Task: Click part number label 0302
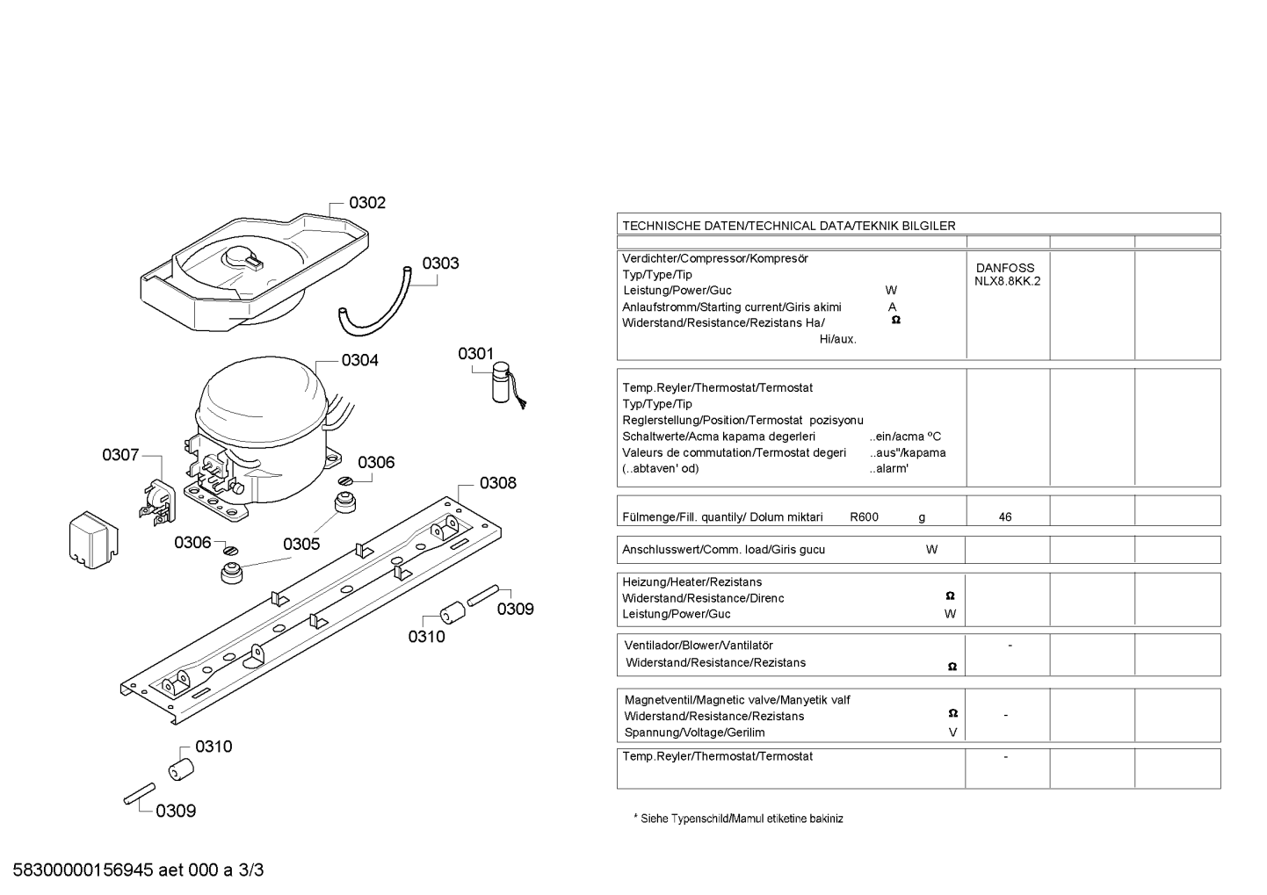(x=367, y=202)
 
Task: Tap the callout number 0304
(x=359, y=360)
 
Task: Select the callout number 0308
(x=497, y=483)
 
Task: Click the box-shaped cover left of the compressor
(x=93, y=540)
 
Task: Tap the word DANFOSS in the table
(x=1005, y=268)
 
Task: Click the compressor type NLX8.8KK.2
(x=1008, y=281)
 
